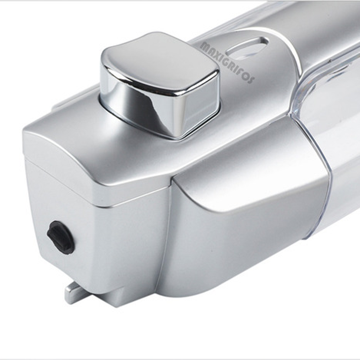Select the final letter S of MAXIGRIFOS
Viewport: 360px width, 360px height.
(250, 80)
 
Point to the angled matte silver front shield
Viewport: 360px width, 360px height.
(246, 202)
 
